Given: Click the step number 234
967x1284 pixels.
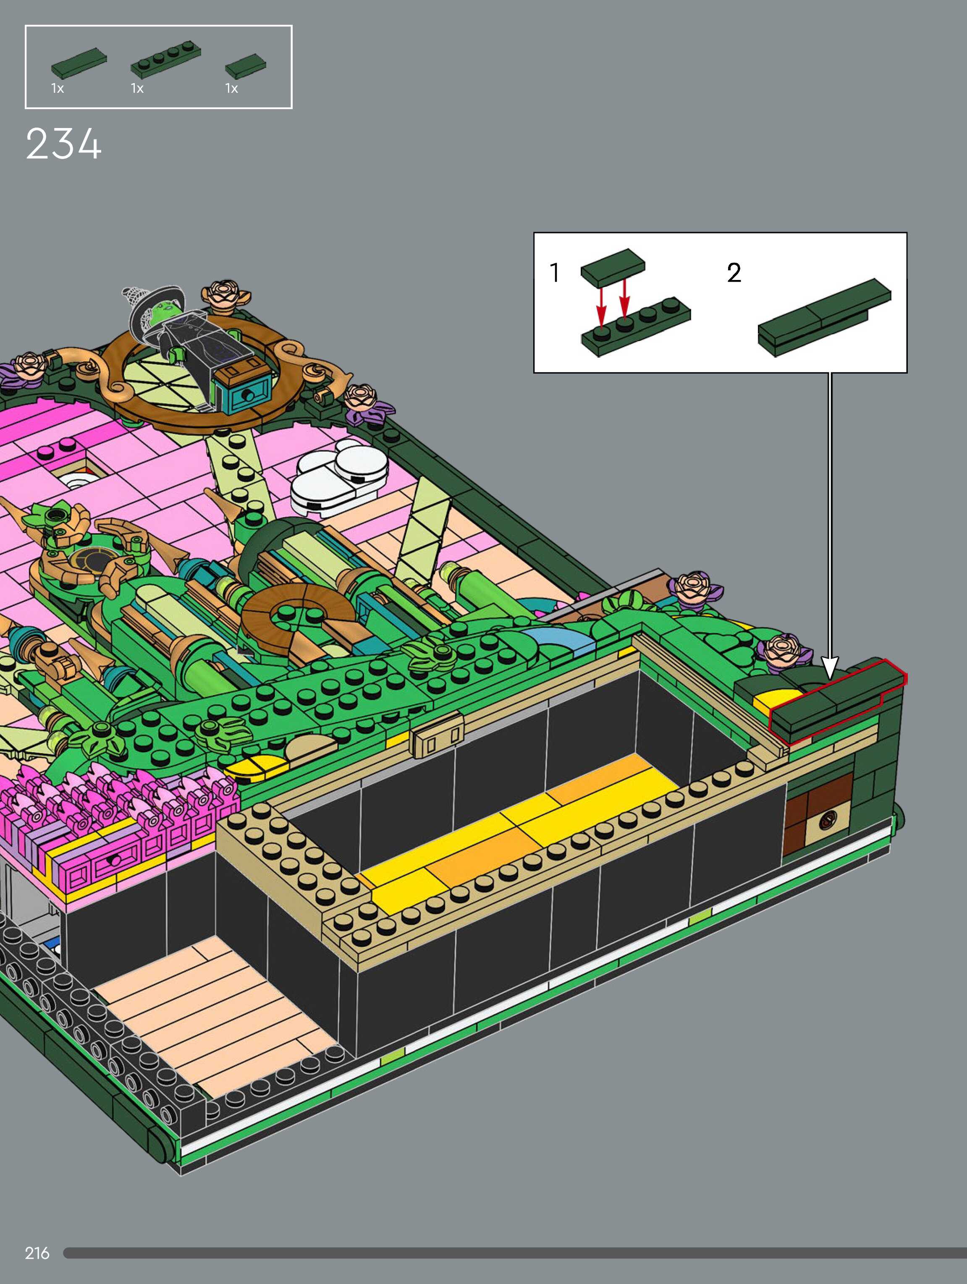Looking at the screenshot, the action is (x=64, y=144).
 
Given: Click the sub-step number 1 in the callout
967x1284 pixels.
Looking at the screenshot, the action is (x=555, y=273).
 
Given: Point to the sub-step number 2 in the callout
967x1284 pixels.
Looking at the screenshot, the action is (x=734, y=273).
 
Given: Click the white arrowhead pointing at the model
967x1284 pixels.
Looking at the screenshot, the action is (x=831, y=667).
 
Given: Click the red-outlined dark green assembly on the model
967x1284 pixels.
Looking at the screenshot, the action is (x=836, y=702).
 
